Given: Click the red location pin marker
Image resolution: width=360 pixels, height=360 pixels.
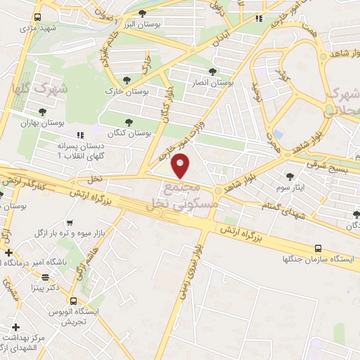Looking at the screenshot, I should tap(181, 165).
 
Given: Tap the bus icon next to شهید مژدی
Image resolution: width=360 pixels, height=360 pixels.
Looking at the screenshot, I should tap(37, 18).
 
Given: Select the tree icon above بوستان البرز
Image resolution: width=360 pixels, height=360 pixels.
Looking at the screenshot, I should tap(143, 13).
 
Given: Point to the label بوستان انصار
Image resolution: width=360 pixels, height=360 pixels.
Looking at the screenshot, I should tap(213, 82).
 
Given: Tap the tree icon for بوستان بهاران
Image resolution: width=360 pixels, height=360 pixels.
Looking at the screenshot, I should tap(43, 111).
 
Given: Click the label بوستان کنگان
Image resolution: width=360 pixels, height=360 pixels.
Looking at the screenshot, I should tap(131, 132).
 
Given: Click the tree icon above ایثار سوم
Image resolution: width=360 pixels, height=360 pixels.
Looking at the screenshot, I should tap(290, 176).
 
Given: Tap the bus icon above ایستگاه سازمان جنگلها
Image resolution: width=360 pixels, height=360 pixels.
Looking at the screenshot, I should tap(319, 248).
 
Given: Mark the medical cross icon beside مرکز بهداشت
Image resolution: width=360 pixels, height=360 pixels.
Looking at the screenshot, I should tap(15, 328).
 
